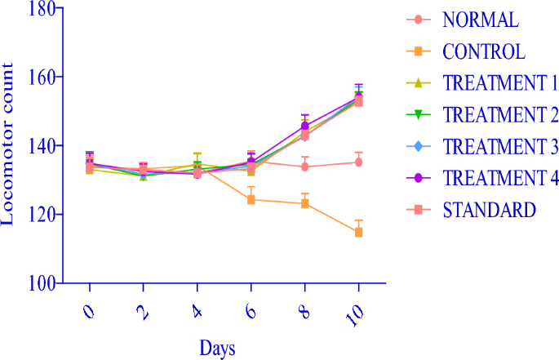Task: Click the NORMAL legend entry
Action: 480,19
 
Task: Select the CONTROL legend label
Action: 484,51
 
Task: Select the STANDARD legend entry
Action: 490,210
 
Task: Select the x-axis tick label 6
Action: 250,310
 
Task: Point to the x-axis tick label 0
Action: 88,310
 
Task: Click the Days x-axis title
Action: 218,349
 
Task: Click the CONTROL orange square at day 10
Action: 358,232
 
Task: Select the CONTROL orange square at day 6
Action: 251,199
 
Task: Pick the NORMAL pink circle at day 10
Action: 358,162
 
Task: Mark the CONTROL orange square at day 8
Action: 304,203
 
